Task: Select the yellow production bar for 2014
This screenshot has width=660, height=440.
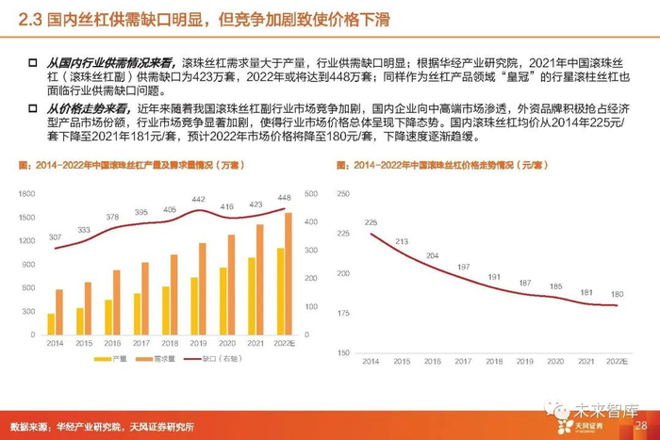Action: pyautogui.click(x=51, y=324)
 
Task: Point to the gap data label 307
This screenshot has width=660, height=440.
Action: pyautogui.click(x=56, y=236)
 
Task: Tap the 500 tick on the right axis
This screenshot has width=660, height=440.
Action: pyautogui.click(x=309, y=192)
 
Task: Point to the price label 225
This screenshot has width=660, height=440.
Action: pyautogui.click(x=371, y=222)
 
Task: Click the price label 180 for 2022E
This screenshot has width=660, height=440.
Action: pyautogui.click(x=617, y=294)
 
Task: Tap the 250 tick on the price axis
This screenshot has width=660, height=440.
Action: pyautogui.click(x=342, y=193)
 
